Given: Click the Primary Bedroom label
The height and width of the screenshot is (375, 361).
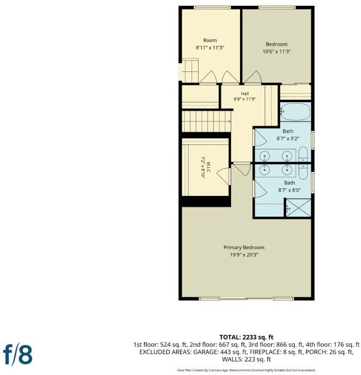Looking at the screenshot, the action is coord(244,248).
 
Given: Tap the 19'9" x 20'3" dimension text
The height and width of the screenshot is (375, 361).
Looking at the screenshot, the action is coord(244,255).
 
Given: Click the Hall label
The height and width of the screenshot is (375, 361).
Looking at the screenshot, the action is coord(245,94).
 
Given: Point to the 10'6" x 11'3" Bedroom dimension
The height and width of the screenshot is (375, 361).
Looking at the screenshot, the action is coord(277,52).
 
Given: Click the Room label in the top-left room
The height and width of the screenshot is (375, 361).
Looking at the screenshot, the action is coord(210,40).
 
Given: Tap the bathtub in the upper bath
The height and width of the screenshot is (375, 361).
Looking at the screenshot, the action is coord(295,112).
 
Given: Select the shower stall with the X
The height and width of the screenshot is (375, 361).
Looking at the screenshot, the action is coord(298,207).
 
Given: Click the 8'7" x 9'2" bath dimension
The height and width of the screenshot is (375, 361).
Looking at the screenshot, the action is coord(288,138).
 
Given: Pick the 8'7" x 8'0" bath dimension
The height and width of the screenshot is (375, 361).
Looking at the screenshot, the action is coord(289,190).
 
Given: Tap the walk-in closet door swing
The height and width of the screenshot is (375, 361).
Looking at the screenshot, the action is coord(223,176).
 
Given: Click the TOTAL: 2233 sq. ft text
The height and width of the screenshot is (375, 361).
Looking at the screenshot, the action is coord(246,337).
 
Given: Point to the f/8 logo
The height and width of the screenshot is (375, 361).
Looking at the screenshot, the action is coord(17,355).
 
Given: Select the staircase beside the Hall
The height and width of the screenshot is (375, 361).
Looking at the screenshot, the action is coord(206,121).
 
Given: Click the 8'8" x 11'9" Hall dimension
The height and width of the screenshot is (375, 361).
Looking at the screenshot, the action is coord(245,99).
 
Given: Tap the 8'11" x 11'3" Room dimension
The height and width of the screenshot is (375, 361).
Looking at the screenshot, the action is coord(210,47).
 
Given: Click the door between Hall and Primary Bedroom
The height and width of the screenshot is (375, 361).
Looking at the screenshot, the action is coord(242,169).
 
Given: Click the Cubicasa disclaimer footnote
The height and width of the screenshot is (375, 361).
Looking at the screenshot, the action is coord(246,370).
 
